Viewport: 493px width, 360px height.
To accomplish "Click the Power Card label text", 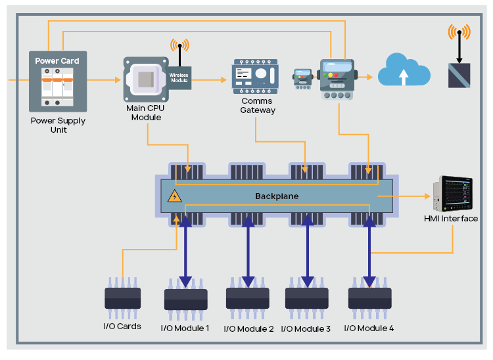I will (57, 61).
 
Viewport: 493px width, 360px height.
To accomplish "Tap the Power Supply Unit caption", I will (58, 125).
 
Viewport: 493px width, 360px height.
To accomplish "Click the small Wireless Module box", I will (179, 77).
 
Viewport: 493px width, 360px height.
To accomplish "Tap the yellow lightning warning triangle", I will (175, 196).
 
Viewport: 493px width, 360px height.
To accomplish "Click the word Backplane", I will (277, 196).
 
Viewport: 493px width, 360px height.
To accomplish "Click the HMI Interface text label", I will (452, 219).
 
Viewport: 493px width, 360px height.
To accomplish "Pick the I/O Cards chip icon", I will (122, 298).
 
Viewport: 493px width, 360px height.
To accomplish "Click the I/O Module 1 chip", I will (185, 300).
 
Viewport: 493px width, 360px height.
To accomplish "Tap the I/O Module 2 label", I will (248, 328).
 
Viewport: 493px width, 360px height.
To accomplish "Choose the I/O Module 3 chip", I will (306, 298).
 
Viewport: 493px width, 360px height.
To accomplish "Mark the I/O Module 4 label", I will (369, 328).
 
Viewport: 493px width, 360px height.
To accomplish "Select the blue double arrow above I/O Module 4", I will (369, 250).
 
